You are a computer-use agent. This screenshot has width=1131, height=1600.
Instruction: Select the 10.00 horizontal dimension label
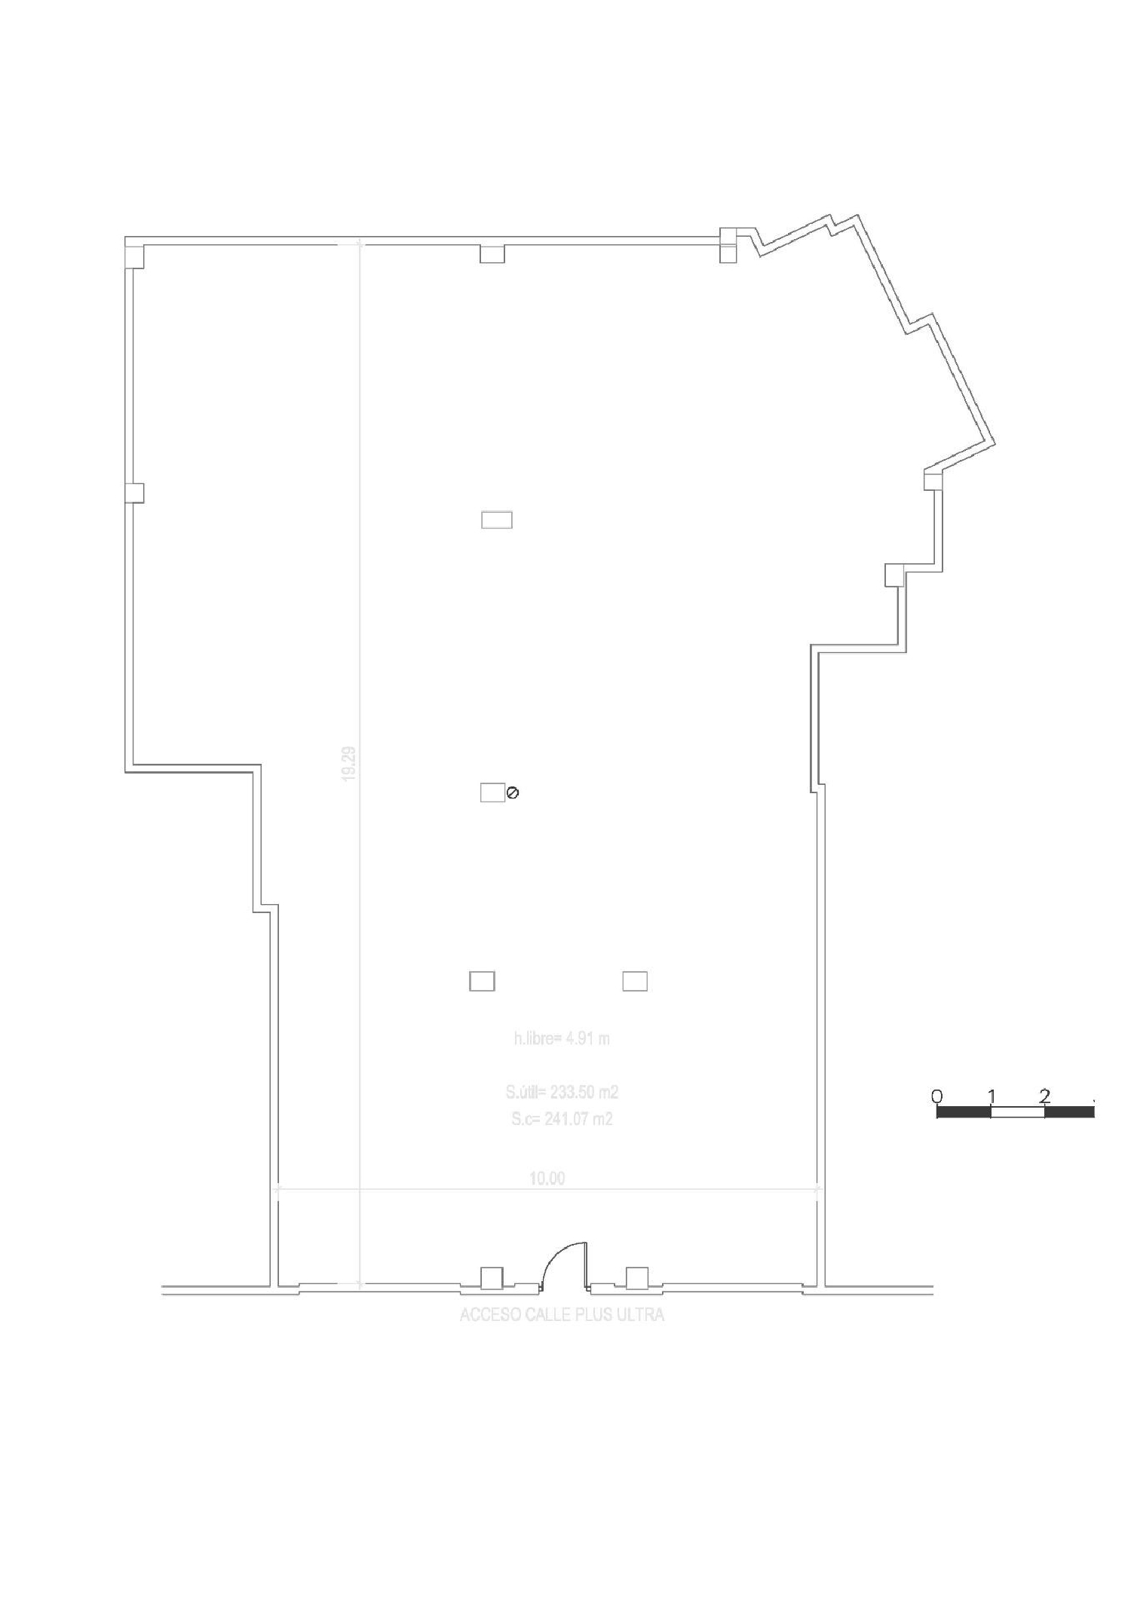point(547,1179)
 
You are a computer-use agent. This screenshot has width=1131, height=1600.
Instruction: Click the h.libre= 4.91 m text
point(562,1038)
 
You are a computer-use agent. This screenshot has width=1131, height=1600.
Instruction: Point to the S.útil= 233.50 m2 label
point(562,1092)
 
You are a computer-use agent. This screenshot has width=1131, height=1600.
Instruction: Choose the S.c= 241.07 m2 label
point(562,1119)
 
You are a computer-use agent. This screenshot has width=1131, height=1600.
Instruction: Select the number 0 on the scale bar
point(936,1095)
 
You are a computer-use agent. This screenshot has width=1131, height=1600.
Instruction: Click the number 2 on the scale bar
point(1044,1095)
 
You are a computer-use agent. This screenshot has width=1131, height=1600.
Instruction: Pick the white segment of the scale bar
point(1017,1111)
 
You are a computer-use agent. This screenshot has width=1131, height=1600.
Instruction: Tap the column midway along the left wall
point(134,492)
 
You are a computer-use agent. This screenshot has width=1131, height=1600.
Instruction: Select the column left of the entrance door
point(492,1277)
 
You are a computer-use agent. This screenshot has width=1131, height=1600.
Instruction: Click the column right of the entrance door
point(637,1277)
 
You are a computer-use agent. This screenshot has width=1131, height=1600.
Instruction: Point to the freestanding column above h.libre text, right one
point(635,981)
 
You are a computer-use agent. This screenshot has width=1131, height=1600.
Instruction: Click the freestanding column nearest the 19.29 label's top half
point(497,520)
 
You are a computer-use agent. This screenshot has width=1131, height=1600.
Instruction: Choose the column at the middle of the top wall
point(492,254)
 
